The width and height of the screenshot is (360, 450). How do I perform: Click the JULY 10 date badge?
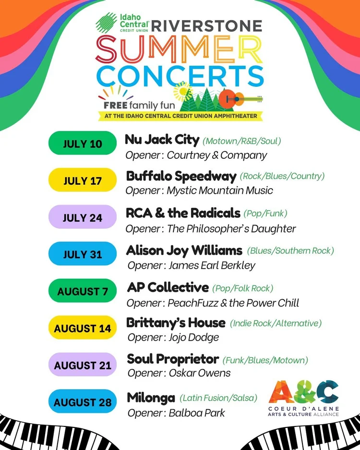point(83,143)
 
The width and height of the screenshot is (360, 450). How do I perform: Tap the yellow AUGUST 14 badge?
point(83,329)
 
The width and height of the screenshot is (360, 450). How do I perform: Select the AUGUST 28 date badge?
point(83,402)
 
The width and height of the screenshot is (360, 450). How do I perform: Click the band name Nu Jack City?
point(162,140)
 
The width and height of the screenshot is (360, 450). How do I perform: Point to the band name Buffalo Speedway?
point(181,176)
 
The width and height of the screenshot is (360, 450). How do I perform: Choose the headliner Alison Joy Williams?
point(184,250)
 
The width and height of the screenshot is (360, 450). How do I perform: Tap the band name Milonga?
point(150,398)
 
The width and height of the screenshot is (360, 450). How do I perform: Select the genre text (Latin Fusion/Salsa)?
point(218,398)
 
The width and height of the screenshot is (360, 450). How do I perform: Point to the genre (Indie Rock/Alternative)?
point(276,323)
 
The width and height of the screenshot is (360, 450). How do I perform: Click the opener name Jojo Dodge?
point(193,337)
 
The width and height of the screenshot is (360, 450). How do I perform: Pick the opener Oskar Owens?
point(199,373)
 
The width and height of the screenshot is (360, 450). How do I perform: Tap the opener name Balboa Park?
point(196,413)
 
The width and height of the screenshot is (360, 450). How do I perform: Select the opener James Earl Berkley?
point(211,265)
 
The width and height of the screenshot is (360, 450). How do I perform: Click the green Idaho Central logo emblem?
point(106,22)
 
